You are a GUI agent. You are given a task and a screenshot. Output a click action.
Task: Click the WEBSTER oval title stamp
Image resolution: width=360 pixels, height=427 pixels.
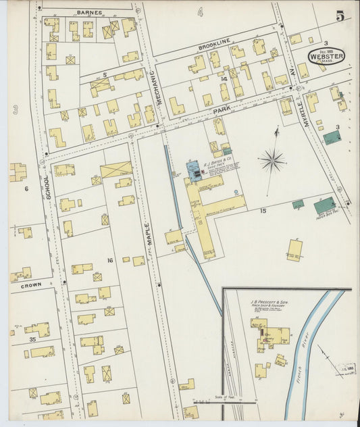326,57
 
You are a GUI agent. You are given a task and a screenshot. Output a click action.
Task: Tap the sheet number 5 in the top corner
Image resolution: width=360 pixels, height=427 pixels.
340,16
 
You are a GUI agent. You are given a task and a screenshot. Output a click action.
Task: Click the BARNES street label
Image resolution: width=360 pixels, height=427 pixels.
89,12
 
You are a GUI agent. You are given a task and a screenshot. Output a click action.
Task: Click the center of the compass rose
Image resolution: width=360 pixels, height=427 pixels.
272,161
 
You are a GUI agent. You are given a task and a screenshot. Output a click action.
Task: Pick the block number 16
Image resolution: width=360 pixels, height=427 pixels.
109,260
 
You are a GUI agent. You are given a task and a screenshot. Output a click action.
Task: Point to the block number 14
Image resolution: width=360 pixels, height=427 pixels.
224,78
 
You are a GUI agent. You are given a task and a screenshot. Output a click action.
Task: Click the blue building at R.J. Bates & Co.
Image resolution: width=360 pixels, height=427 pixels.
195,171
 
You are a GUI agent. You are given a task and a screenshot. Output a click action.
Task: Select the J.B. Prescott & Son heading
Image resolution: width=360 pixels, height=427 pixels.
268,302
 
